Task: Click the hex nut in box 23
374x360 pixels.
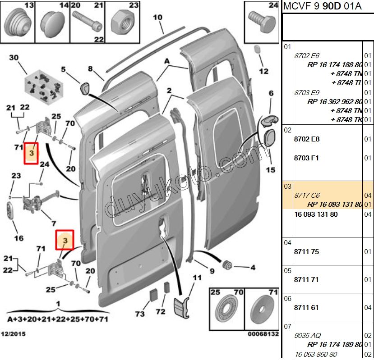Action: point(122,20)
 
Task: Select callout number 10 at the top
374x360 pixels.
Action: point(157,18)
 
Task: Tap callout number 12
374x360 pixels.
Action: point(264,71)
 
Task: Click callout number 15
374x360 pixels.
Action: point(270,170)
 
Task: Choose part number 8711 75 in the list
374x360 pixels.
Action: point(306,251)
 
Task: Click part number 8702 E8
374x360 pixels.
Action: point(307,139)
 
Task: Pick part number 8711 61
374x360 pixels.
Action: point(306,308)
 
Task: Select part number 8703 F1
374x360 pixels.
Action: point(307,158)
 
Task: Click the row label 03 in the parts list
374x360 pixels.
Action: point(288,187)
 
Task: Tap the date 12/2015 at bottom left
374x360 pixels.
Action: point(13,334)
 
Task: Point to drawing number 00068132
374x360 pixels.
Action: point(263,334)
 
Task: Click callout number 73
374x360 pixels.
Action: point(140,314)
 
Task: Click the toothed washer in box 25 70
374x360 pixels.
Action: point(227,310)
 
